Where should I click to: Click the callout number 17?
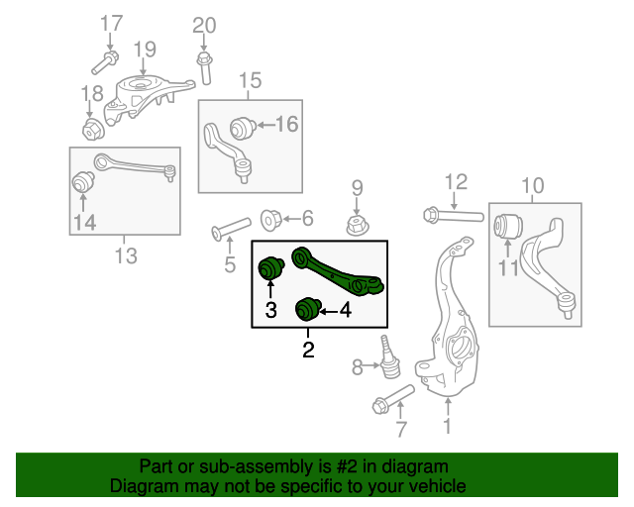click(x=112, y=23)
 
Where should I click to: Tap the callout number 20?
click(x=203, y=25)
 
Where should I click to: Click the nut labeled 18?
click(x=94, y=130)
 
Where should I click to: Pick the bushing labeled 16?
click(x=242, y=127)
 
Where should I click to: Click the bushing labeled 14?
click(x=84, y=183)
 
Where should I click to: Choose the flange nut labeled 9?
click(x=358, y=225)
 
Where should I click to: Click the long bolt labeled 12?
click(x=451, y=214)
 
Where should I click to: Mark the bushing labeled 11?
click(x=509, y=226)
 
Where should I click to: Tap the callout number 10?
click(x=532, y=185)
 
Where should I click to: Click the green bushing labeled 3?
click(x=271, y=267)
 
